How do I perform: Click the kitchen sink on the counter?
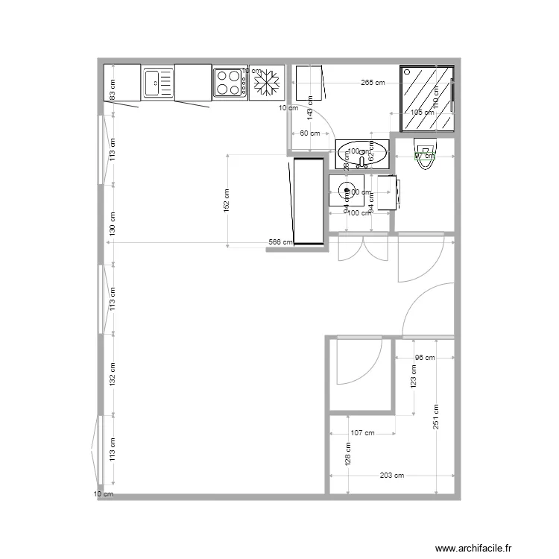157,82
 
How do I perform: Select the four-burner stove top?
230,82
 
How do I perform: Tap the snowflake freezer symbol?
267,83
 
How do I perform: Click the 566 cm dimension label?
280,242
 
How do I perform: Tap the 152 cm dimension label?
227,200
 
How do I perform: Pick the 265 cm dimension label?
373,83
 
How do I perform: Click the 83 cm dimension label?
113,90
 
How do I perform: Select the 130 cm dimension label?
113,223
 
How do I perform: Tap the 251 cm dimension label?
435,415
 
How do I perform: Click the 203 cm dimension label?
391,476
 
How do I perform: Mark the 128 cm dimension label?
347,455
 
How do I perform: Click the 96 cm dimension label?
424,357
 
